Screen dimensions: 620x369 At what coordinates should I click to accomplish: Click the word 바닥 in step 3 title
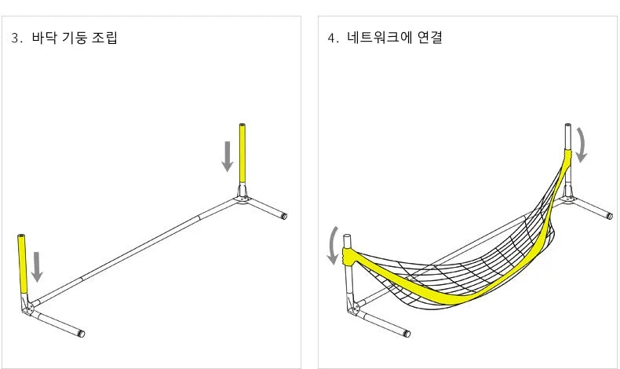tap(44, 38)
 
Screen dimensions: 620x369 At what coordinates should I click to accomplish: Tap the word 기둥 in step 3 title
tap(75, 38)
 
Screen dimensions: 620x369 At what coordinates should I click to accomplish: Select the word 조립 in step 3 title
tap(105, 38)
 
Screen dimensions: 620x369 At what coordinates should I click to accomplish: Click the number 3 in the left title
tap(15, 38)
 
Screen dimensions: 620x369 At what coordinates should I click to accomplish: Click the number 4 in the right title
tap(331, 38)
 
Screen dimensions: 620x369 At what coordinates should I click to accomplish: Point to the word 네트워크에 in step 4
tap(380, 37)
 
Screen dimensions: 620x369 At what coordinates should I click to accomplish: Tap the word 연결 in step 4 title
tap(430, 37)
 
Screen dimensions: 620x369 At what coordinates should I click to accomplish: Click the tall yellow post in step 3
tap(242, 153)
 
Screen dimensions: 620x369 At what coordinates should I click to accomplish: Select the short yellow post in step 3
tap(22, 263)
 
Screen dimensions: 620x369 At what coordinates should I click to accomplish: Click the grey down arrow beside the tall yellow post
tap(227, 156)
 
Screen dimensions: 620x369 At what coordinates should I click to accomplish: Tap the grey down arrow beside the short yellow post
tap(37, 267)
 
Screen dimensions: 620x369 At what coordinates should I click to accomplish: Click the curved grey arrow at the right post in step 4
tap(582, 144)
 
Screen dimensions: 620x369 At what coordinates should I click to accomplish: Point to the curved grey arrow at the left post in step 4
tap(332, 245)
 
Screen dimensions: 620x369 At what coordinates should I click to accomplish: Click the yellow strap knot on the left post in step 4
tap(349, 256)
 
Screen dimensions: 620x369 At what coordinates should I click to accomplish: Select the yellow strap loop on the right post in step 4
tap(567, 155)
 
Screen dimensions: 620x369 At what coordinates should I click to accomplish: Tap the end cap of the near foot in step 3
tap(81, 334)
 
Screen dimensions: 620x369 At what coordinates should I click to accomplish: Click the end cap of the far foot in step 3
tap(284, 216)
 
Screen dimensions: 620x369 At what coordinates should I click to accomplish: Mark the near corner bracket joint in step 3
tap(28, 306)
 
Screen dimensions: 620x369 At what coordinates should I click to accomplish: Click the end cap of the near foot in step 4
tap(407, 333)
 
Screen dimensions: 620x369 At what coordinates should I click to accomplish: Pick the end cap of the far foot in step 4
tap(610, 216)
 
